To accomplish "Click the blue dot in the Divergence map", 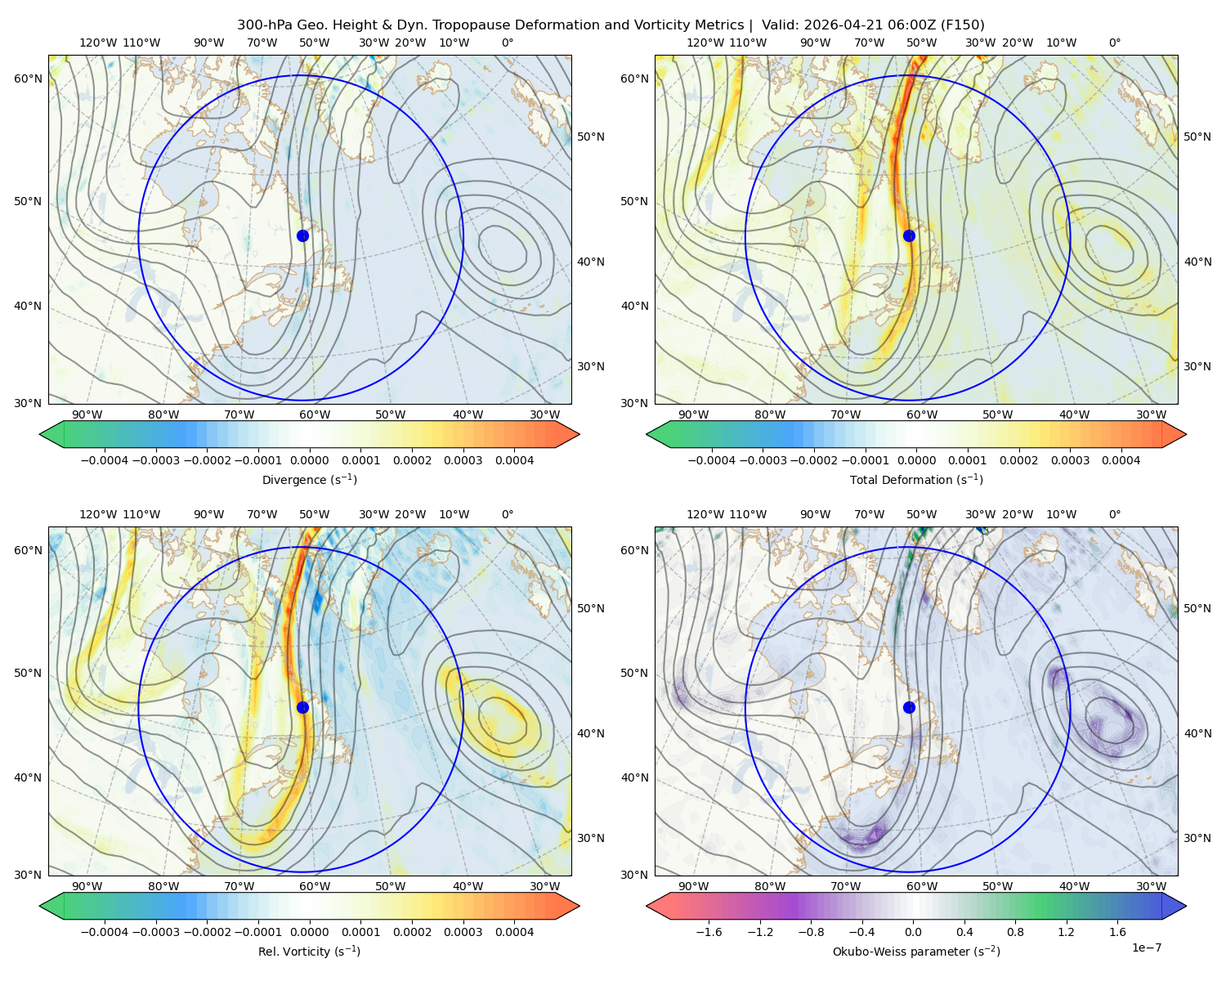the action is point(302,235).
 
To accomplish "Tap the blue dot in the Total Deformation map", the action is point(909,235).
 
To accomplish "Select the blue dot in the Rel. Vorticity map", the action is point(302,707).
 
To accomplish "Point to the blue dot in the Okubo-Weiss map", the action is point(909,707).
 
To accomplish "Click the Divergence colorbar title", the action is point(309,479).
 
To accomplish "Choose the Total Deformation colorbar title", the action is point(916,479).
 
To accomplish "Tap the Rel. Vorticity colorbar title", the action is point(309,951).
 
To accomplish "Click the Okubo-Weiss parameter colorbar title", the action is point(916,951).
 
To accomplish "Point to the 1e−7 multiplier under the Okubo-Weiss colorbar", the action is point(1146,947).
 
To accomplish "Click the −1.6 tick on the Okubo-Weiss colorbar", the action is point(709,931).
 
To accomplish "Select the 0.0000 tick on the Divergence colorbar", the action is point(309,460).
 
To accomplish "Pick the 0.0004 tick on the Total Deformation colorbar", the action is point(1121,460).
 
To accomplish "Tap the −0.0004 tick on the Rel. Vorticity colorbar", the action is point(105,931).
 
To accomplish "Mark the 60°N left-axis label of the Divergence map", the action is point(28,78).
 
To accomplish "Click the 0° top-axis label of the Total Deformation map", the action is point(1114,43).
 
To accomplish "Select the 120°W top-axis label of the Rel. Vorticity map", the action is point(98,514).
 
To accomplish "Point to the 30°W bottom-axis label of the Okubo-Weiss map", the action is point(1152,886).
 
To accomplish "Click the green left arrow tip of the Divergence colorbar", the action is point(40,434).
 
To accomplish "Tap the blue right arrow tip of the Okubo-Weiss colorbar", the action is point(1186,906).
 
